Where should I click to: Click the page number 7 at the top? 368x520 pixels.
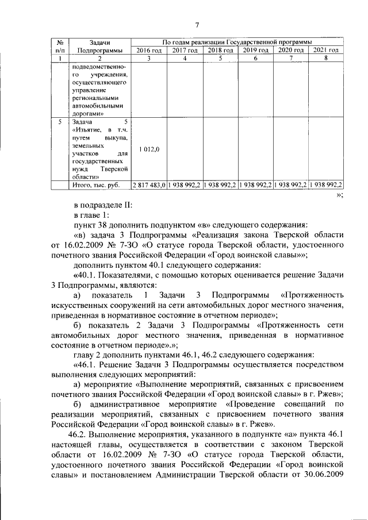(197, 24)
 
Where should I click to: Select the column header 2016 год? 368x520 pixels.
(149, 51)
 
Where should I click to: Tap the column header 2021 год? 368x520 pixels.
(325, 51)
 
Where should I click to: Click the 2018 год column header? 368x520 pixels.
(220, 51)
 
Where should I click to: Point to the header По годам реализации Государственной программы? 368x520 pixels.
(237, 43)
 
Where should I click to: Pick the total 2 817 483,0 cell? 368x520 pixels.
(149, 186)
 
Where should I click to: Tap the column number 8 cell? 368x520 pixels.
(325, 59)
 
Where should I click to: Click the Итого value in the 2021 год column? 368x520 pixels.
(325, 186)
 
